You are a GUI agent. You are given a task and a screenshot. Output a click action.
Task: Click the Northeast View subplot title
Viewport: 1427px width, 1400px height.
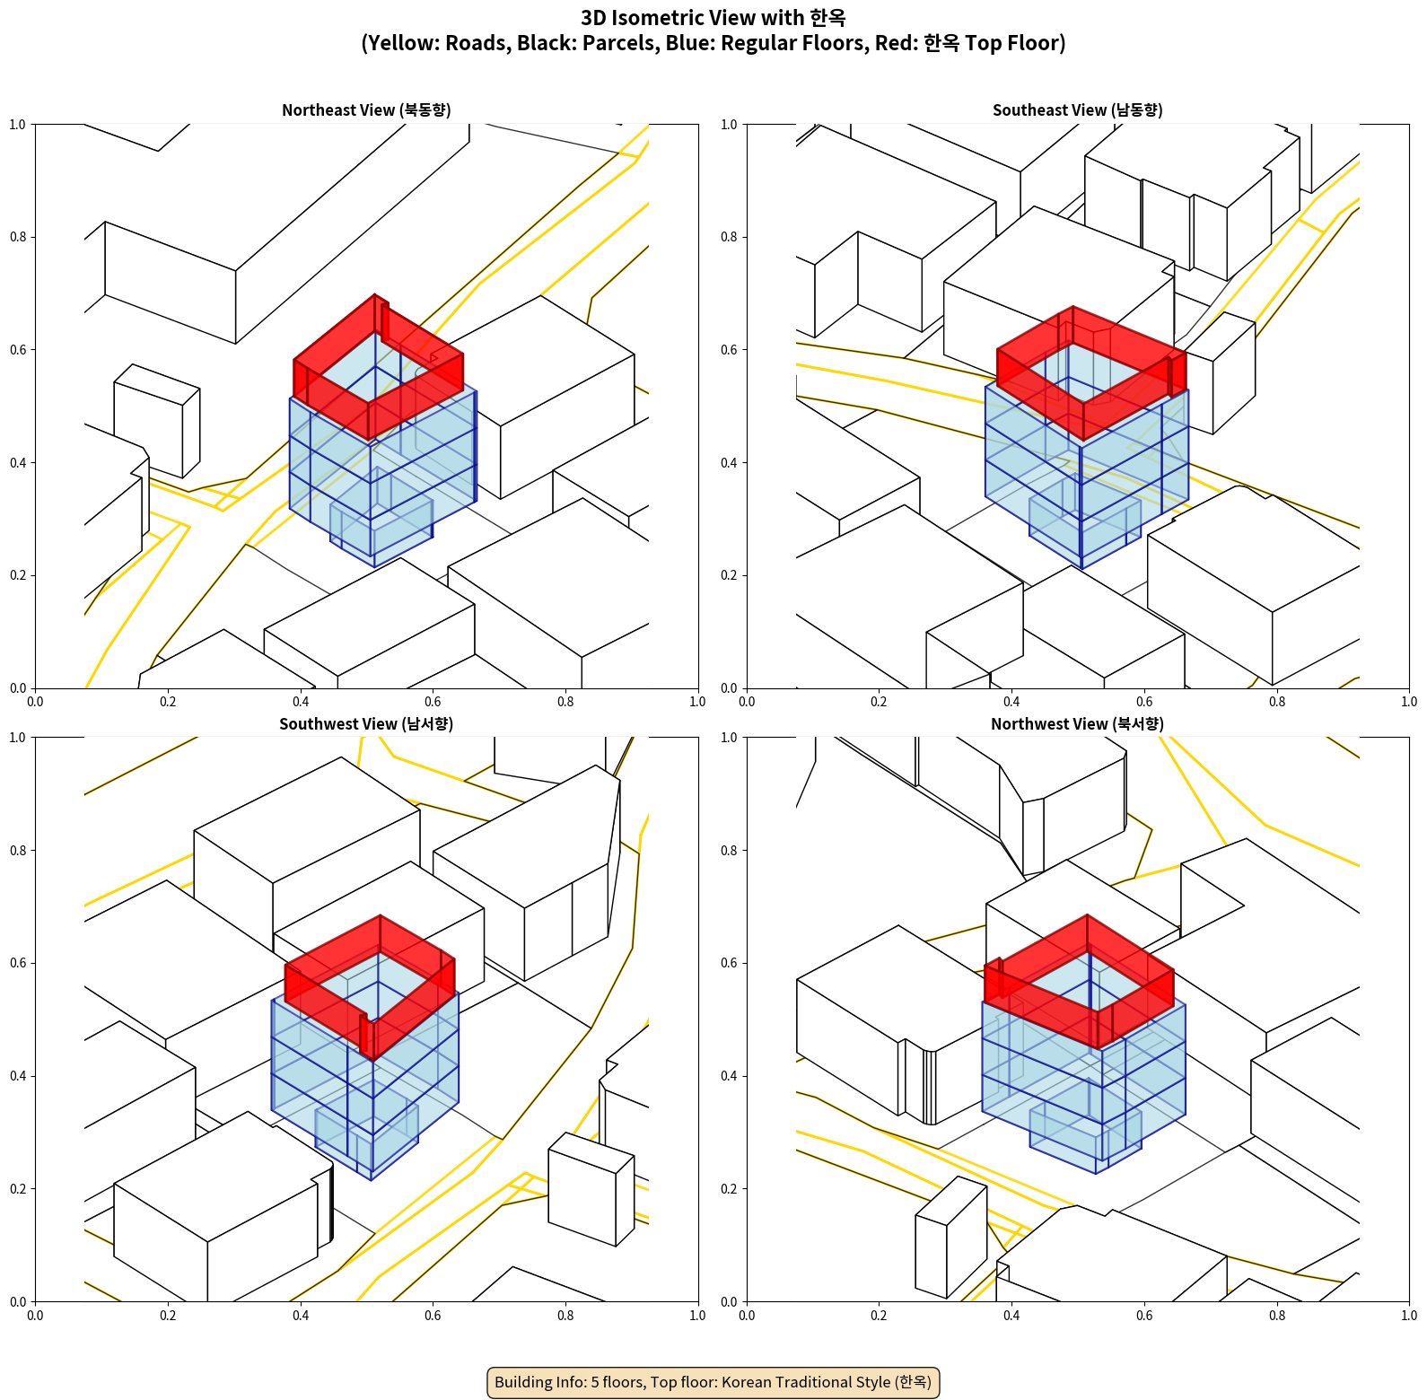click(x=366, y=109)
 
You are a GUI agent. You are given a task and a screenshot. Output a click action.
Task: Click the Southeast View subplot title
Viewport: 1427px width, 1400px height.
click(x=1077, y=109)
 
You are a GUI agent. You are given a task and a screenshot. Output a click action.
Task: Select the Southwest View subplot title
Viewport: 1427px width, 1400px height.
click(x=366, y=723)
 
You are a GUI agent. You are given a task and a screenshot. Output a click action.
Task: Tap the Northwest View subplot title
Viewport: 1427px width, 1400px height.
click(x=1077, y=723)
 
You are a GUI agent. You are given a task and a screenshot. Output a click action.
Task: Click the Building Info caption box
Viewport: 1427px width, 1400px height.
click(x=713, y=1382)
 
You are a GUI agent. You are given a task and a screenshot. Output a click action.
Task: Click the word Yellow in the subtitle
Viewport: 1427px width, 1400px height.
click(x=399, y=43)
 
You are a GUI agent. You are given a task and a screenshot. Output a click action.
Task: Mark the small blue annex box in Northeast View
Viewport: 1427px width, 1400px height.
click(x=381, y=529)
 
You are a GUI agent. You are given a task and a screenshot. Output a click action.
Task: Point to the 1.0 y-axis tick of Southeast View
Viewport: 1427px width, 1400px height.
click(x=729, y=124)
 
